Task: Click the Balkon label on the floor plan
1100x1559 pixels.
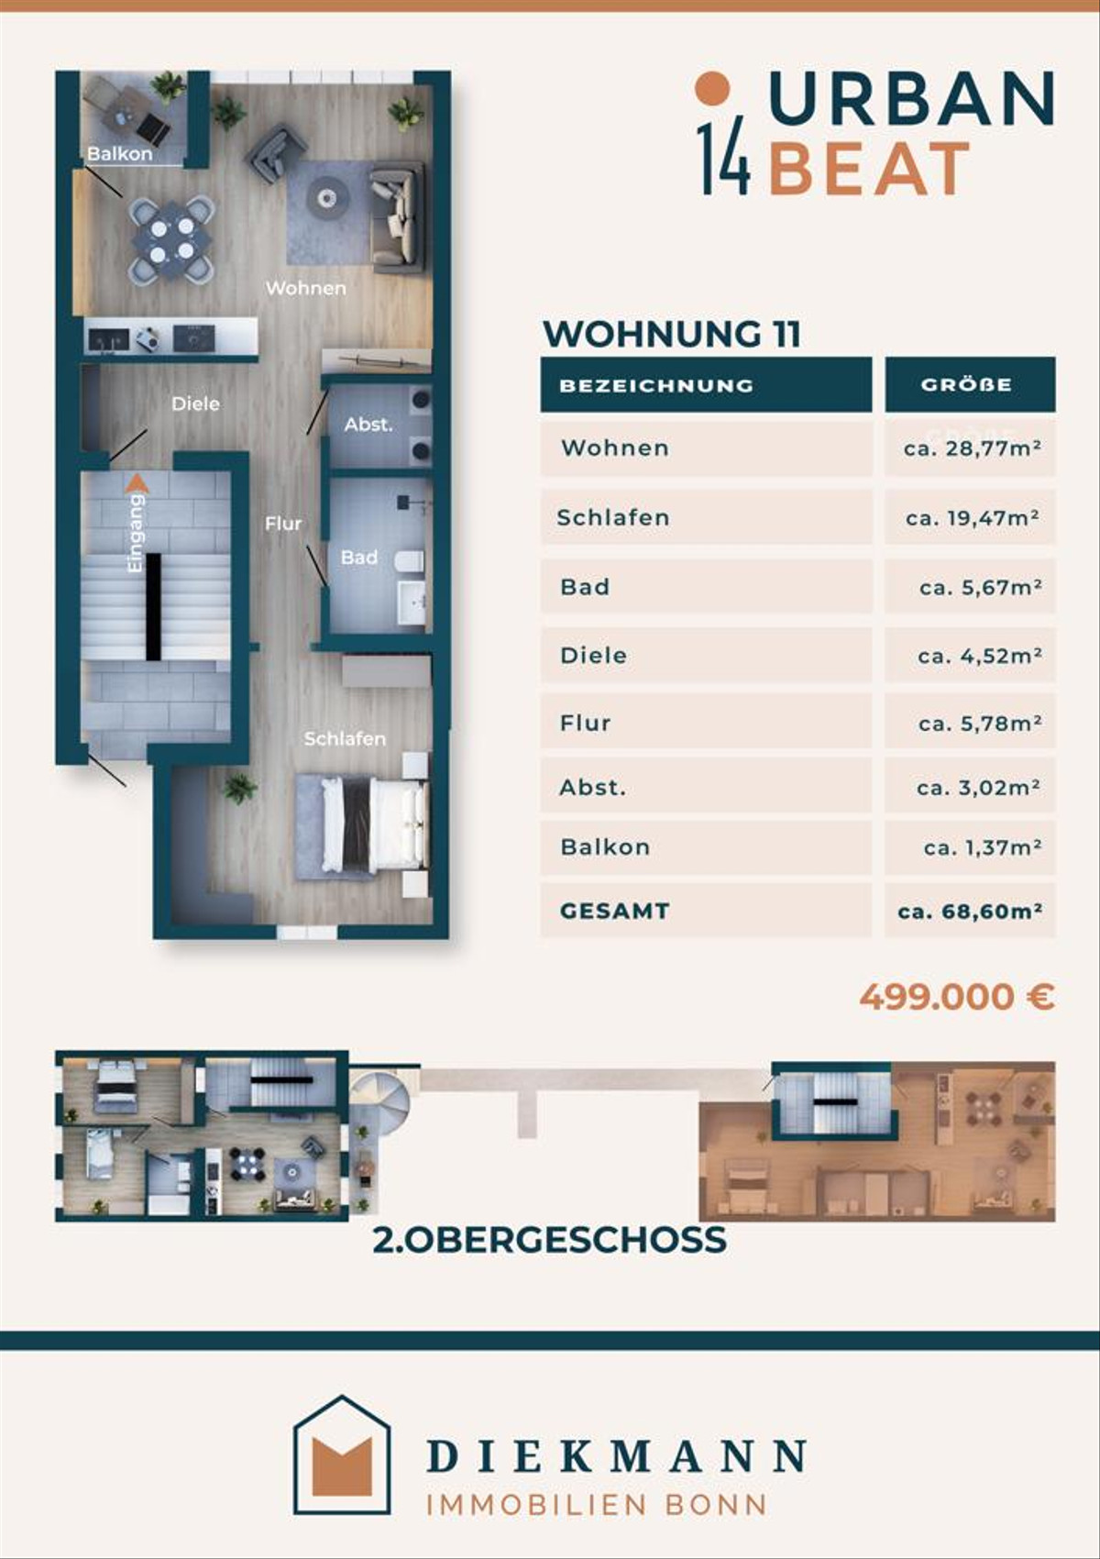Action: [x=120, y=154]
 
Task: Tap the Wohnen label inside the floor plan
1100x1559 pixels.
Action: [x=306, y=287]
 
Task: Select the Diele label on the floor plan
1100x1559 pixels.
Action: [x=195, y=404]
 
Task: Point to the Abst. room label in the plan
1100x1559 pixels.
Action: [x=368, y=424]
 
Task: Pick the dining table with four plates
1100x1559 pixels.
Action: [x=172, y=238]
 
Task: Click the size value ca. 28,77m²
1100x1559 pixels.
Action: [x=972, y=448]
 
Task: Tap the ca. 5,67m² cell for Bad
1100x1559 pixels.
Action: [x=980, y=588]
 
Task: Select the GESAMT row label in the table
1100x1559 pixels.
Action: [x=614, y=911]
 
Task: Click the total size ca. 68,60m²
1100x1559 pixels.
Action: [x=970, y=911]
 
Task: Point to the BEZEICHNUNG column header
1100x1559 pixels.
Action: [x=656, y=385]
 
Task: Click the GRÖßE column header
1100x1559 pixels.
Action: [x=966, y=384]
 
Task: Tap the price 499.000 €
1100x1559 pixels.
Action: [x=957, y=997]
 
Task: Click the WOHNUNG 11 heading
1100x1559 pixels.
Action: [x=671, y=334]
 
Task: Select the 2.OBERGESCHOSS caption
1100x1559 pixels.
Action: [x=550, y=1240]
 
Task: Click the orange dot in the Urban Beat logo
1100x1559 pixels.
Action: [x=712, y=88]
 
